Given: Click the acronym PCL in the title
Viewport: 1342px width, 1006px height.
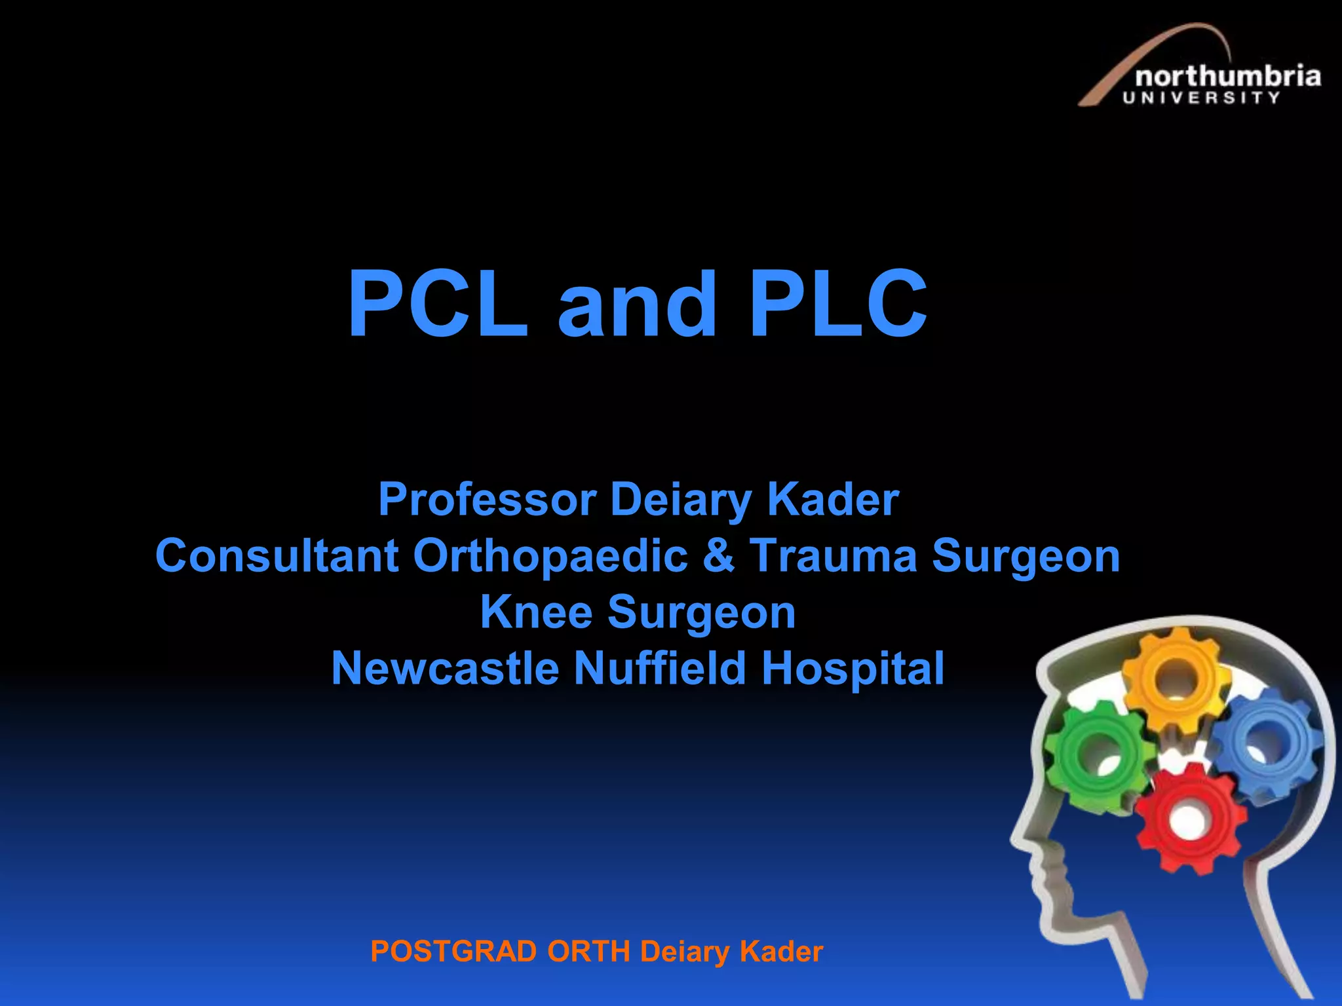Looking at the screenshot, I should (x=438, y=304).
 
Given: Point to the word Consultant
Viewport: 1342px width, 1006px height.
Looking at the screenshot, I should (x=277, y=556).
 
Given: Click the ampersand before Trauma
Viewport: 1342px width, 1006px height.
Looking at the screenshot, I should (x=719, y=556).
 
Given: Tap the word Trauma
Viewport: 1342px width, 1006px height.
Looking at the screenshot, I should (x=833, y=556).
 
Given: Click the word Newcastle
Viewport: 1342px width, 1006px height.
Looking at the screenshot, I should (x=446, y=669).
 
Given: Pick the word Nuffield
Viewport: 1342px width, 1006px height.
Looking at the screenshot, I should (x=660, y=669).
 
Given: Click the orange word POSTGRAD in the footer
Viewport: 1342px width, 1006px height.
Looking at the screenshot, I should (x=453, y=952).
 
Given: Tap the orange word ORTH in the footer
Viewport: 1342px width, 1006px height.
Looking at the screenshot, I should (x=588, y=952).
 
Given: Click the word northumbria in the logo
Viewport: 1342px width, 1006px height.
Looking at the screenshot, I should (x=1227, y=77).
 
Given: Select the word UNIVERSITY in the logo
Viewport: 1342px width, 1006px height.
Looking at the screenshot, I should (x=1201, y=98).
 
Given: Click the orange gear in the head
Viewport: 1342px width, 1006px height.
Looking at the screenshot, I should (x=1176, y=678).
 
